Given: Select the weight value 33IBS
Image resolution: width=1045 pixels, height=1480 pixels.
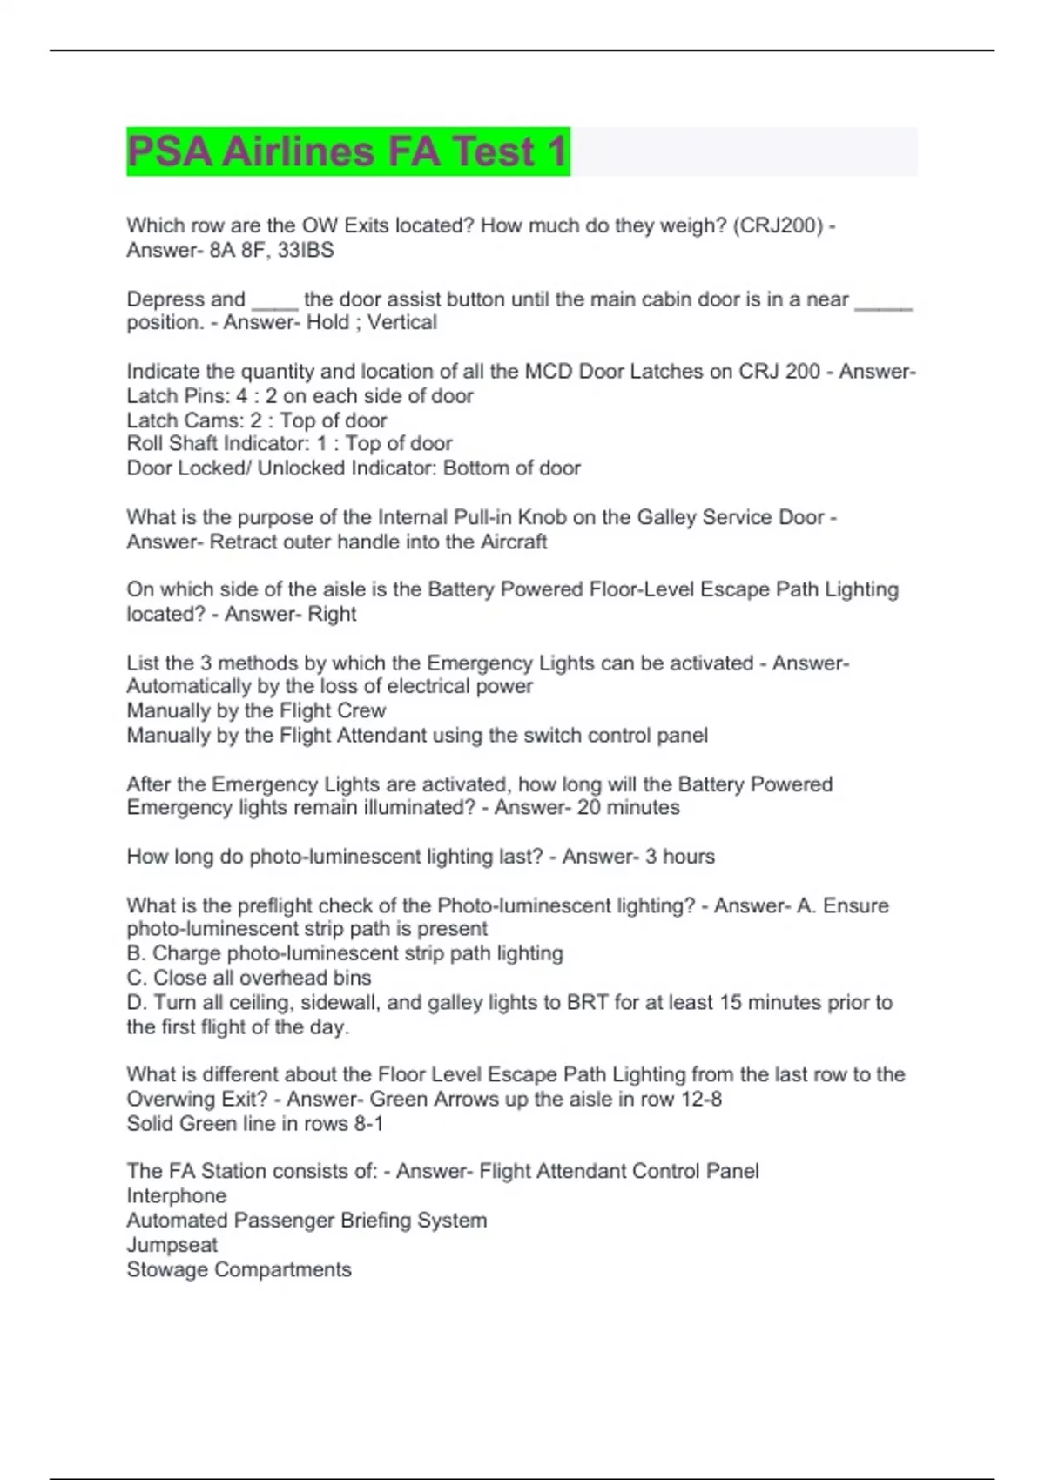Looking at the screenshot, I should pyautogui.click(x=306, y=250).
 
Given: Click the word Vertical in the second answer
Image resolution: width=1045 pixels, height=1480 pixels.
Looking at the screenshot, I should pyautogui.click(x=401, y=323).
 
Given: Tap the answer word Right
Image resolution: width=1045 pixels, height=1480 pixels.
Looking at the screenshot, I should pyautogui.click(x=332, y=615).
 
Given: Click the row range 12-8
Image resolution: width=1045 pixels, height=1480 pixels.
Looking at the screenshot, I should pyautogui.click(x=701, y=1100).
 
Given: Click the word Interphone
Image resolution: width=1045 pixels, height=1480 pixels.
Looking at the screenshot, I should pyautogui.click(x=177, y=1196).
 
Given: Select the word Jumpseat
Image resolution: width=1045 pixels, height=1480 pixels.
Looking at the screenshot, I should pyautogui.click(x=172, y=1245).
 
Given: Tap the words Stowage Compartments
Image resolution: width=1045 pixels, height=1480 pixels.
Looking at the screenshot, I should pyautogui.click(x=239, y=1270).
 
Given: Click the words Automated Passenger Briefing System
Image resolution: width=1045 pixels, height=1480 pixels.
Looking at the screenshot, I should pyautogui.click(x=307, y=1221).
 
